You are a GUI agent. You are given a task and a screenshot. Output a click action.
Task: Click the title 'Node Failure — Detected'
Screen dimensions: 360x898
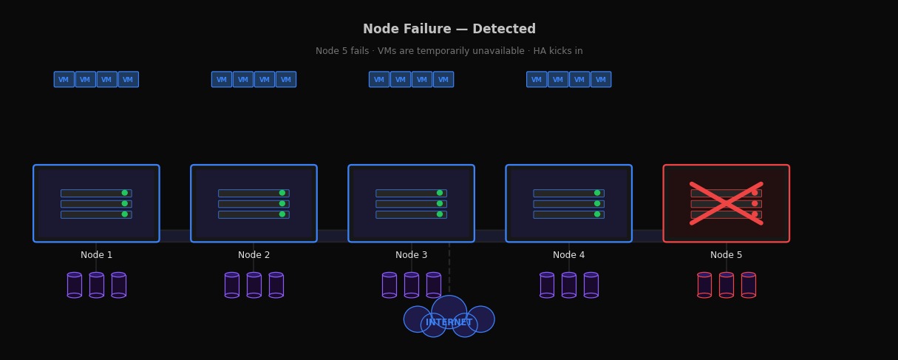449,30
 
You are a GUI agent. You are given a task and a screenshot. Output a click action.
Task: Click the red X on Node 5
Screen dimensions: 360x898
726,203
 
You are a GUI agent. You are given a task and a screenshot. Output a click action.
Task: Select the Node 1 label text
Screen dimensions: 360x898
96,255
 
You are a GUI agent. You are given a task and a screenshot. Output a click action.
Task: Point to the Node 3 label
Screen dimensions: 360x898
411,255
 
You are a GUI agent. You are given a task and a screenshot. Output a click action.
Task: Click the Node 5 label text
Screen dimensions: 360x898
726,255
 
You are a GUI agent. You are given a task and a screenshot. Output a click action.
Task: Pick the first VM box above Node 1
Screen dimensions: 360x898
64,79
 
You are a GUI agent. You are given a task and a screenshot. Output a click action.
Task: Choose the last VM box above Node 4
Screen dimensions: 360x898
601,79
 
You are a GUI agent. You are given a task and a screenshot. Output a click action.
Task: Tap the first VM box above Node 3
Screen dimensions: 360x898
379,79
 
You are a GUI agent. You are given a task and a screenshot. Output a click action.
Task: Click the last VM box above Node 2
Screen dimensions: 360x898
286,79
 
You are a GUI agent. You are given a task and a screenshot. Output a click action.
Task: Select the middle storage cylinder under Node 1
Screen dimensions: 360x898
96,285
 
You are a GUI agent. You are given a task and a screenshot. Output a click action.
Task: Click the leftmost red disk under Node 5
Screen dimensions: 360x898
704,285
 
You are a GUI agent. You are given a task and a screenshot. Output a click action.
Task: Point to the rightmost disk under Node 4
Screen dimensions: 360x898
591,285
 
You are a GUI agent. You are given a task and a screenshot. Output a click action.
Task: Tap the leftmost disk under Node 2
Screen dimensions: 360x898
231,285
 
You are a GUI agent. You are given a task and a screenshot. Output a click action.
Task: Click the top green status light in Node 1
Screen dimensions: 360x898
124,193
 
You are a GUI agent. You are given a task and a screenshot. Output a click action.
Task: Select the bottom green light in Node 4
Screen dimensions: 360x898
597,214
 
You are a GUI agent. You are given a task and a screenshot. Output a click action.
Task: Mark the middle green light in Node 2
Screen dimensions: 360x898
282,203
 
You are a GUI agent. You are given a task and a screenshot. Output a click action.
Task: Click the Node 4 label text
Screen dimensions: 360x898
568,255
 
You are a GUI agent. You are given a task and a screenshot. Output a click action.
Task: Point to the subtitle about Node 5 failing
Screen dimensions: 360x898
449,51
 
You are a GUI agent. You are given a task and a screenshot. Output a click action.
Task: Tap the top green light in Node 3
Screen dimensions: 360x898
440,193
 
